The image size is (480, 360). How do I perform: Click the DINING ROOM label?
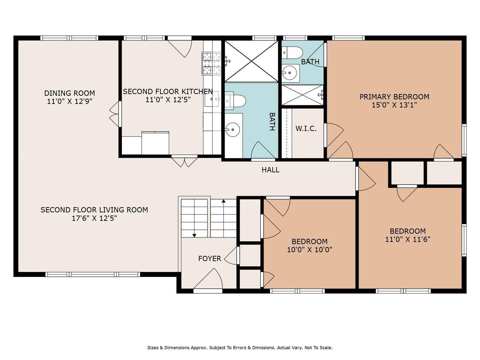point(69,93)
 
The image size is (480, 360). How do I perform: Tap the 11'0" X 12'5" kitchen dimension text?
point(168,100)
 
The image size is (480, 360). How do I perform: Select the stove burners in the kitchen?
point(211,63)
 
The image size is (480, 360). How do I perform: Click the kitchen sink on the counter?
point(212,99)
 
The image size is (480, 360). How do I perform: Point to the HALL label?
point(270,170)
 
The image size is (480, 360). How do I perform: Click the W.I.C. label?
point(306,129)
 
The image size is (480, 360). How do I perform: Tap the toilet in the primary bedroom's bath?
point(292,53)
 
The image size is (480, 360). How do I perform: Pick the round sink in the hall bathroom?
point(233,130)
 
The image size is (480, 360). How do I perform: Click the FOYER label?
point(210,259)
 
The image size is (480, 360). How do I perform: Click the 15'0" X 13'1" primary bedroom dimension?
point(394,105)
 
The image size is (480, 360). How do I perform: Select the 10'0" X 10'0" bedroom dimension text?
point(309,250)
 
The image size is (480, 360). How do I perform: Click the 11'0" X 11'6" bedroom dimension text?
point(408,239)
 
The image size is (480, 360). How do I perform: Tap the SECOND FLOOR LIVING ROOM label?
point(94,210)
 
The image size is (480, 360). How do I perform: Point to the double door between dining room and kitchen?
point(116,114)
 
